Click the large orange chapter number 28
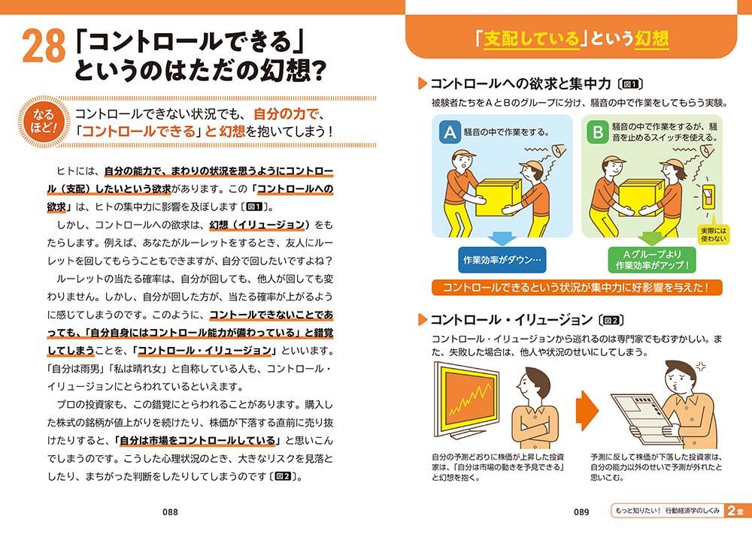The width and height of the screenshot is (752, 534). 44,46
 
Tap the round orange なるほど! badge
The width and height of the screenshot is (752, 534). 44,122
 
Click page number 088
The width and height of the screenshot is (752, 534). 170,512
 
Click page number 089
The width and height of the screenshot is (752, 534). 581,512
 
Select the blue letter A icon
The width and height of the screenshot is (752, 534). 450,131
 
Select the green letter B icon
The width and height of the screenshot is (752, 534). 598,131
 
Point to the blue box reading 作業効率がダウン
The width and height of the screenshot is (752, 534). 502,260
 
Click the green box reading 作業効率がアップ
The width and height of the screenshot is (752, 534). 652,260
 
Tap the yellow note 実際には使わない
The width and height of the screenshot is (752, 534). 714,234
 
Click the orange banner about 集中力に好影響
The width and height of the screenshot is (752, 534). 577,288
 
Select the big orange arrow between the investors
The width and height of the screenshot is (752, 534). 587,410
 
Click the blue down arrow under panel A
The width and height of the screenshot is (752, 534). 502,239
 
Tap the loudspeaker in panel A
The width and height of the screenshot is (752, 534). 559,152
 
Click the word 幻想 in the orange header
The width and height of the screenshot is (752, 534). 651,38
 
